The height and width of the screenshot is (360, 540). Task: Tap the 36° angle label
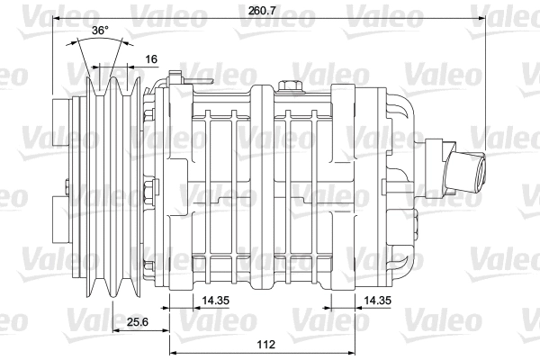(100, 30)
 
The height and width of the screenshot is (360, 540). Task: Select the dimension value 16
(150, 58)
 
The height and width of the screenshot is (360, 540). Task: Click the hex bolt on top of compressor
(288, 86)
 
